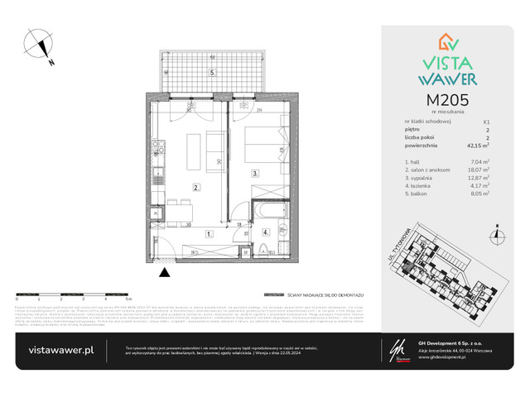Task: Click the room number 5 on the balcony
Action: point(213,73)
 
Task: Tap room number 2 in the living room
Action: point(195,188)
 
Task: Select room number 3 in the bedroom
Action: point(256,174)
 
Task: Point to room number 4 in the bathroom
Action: point(265,233)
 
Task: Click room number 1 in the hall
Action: point(210,234)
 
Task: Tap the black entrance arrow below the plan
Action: point(164,271)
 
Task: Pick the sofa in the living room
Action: point(214,151)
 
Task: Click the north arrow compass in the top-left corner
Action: point(38,45)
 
